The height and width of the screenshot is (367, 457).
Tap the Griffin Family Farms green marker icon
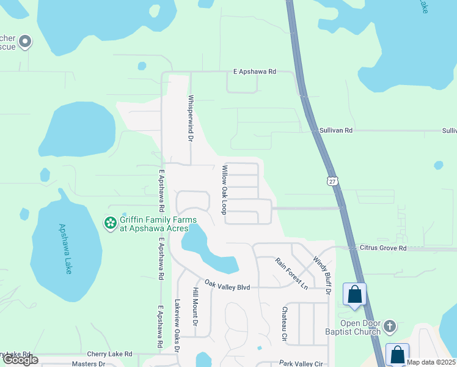click(111, 223)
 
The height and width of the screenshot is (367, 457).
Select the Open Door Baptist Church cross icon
click(390, 327)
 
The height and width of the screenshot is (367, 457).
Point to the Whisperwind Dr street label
click(191, 119)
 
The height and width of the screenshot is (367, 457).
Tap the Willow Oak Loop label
click(225, 189)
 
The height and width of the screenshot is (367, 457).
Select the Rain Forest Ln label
click(291, 273)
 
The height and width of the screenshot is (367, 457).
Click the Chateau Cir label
click(284, 324)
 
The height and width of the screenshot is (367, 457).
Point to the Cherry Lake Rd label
click(109, 354)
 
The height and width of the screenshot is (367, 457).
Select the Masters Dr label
click(89, 363)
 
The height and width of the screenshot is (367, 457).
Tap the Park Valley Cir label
click(301, 363)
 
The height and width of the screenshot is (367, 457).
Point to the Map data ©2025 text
click(431, 362)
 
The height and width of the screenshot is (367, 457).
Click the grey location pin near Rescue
click(25, 42)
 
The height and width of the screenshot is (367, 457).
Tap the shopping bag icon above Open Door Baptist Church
click(355, 294)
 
